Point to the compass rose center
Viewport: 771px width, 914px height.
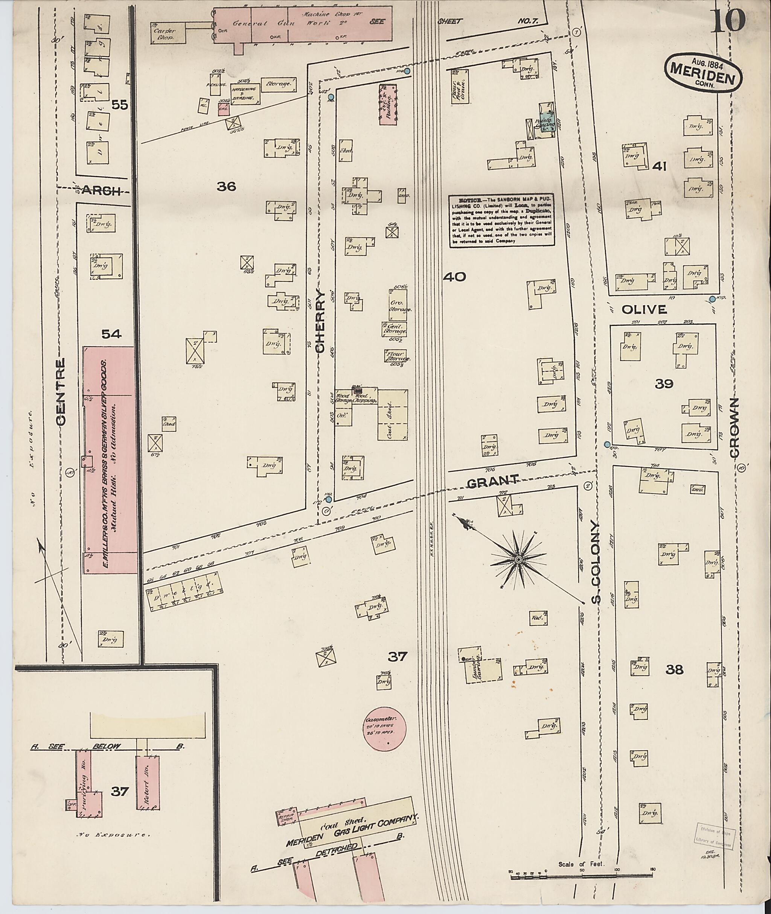coord(518,560)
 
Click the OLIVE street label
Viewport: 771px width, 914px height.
coord(644,309)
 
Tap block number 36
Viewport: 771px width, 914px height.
coord(226,187)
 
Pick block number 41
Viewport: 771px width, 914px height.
coord(659,166)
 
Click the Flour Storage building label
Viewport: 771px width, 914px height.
coord(397,356)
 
